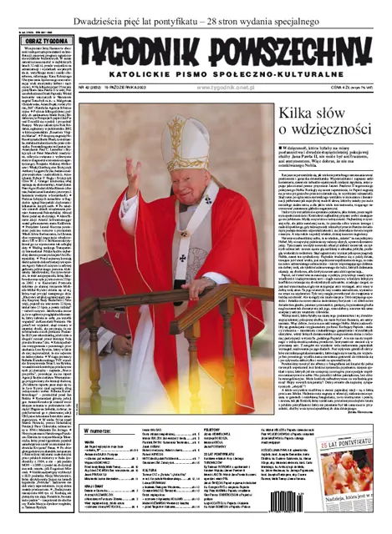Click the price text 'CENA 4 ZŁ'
tap(352, 87)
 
